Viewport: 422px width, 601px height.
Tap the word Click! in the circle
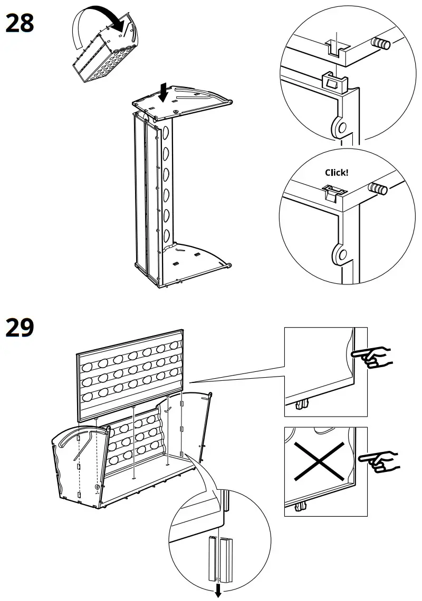pyautogui.click(x=337, y=172)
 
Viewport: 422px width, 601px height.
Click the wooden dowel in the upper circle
pyautogui.click(x=381, y=44)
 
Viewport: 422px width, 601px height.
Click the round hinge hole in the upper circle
pyautogui.click(x=340, y=126)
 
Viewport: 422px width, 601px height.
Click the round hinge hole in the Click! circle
pyautogui.click(x=342, y=254)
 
